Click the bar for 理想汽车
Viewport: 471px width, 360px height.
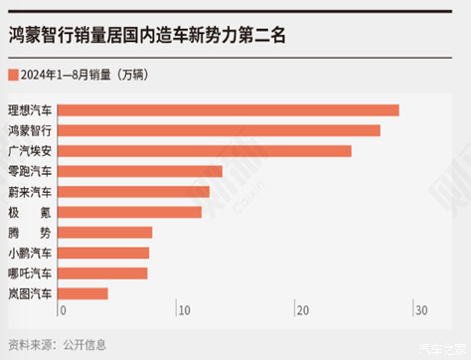coord(230,109)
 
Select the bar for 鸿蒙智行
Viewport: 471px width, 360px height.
coord(221,130)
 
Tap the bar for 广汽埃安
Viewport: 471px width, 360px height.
coord(206,151)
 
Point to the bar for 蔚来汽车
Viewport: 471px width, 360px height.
coord(134,191)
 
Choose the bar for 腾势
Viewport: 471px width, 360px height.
coord(106,232)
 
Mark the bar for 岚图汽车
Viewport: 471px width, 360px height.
coord(83,293)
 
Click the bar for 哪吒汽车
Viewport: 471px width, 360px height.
coord(103,272)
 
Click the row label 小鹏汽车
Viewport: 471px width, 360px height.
coord(31,253)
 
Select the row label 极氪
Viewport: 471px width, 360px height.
coord(31,212)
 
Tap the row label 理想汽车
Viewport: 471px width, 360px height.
coord(31,109)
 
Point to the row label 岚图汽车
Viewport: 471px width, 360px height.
coord(31,293)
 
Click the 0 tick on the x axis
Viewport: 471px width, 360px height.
coord(63,311)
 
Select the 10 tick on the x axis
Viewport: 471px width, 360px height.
coord(182,311)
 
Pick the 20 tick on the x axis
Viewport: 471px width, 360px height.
coord(301,311)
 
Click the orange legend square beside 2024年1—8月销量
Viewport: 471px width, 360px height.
coord(13,75)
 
